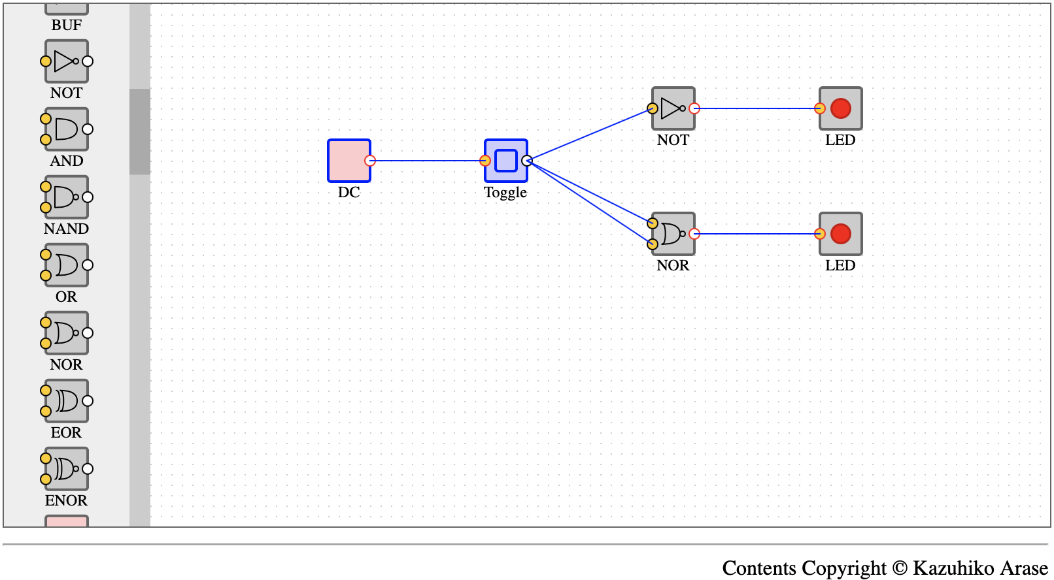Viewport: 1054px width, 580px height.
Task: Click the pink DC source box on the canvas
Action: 349,161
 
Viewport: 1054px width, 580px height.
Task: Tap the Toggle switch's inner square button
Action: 506,161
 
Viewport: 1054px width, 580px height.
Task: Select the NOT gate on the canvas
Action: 673,108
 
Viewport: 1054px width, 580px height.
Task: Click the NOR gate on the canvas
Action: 673,234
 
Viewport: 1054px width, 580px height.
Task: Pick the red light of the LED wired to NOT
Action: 841,108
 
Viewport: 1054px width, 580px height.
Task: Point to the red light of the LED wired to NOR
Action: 841,234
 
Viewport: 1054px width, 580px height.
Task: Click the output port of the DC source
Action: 370,161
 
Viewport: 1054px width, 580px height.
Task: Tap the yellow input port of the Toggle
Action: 485,161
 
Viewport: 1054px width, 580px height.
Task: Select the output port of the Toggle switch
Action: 527,161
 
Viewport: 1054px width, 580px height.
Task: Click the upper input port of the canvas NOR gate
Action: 652,223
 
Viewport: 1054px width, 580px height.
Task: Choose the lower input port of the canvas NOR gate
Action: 652,244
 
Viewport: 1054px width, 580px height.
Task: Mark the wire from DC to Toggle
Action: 428,161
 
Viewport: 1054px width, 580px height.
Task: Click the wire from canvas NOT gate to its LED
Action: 757,108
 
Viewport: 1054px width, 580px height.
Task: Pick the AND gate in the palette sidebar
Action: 66,129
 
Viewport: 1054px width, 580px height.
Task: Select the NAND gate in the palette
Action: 66,197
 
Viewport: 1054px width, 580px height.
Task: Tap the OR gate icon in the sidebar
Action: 66,265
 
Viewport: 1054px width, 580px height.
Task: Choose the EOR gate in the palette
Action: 66,401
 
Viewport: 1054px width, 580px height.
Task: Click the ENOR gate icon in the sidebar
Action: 66,469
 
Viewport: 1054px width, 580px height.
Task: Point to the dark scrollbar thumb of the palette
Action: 140,131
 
